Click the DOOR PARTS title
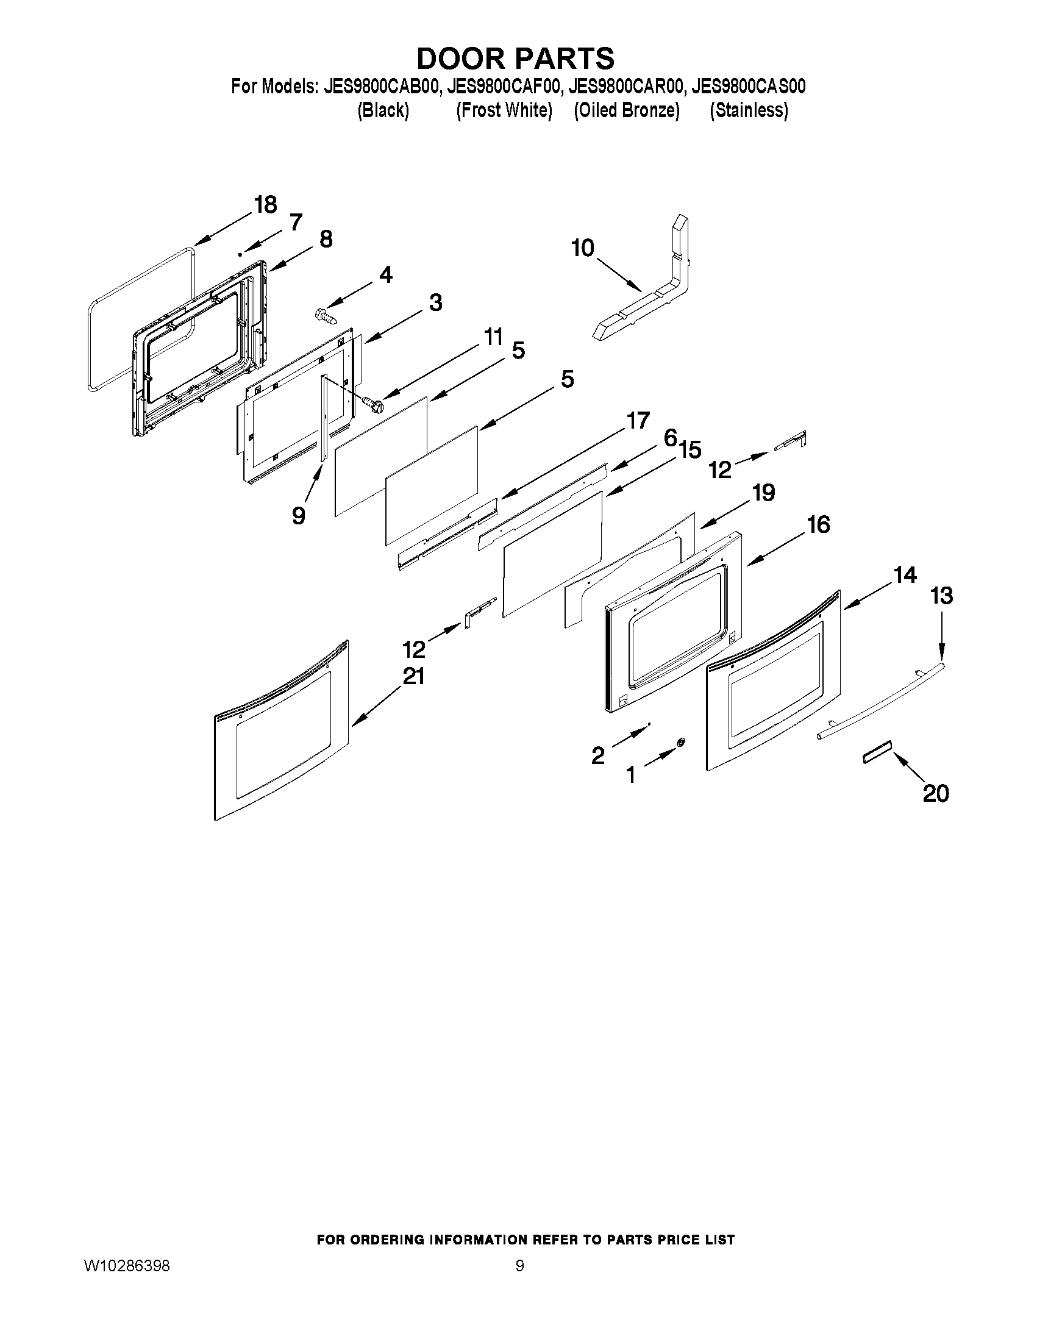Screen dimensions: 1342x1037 point(515,59)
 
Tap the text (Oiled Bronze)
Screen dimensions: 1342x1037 point(626,110)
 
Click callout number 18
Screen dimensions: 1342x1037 point(265,205)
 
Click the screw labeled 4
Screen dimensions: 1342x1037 point(325,315)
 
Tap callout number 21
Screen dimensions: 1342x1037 point(413,677)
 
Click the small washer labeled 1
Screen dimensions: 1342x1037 point(680,743)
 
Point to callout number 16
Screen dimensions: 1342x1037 point(818,525)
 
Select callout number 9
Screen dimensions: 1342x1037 point(299,515)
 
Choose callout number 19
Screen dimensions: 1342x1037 point(764,493)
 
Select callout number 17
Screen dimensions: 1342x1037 point(638,421)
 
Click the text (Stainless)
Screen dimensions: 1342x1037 point(748,110)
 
